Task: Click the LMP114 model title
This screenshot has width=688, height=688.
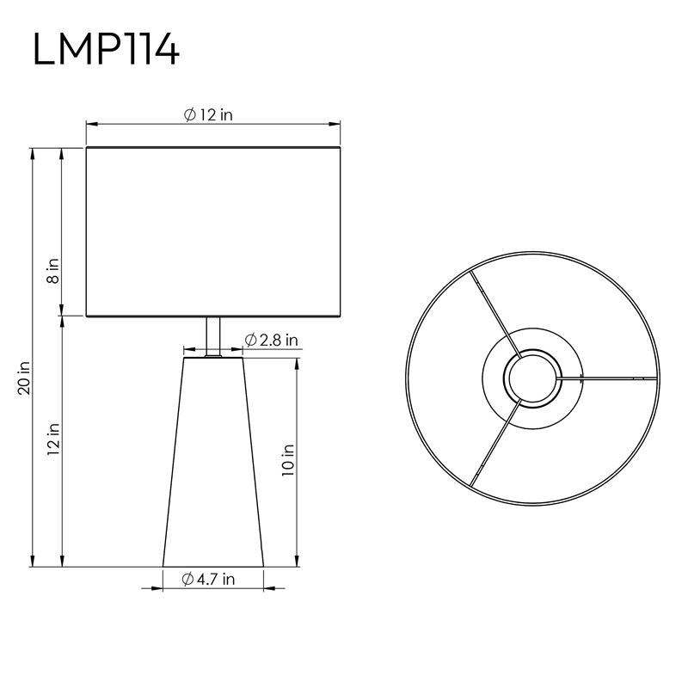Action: (x=106, y=49)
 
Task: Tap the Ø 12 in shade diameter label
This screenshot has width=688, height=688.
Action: (x=208, y=115)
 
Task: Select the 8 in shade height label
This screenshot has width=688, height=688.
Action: (x=53, y=271)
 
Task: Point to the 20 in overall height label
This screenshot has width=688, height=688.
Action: (x=24, y=378)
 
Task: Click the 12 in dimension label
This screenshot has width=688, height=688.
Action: (x=53, y=439)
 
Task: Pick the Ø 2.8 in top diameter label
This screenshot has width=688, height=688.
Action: (x=271, y=340)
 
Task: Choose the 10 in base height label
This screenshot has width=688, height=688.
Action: (x=288, y=460)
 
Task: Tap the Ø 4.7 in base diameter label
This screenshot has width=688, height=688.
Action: (x=208, y=579)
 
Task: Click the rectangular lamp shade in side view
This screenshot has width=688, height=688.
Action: (x=213, y=231)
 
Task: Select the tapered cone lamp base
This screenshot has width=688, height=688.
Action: (x=213, y=462)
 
